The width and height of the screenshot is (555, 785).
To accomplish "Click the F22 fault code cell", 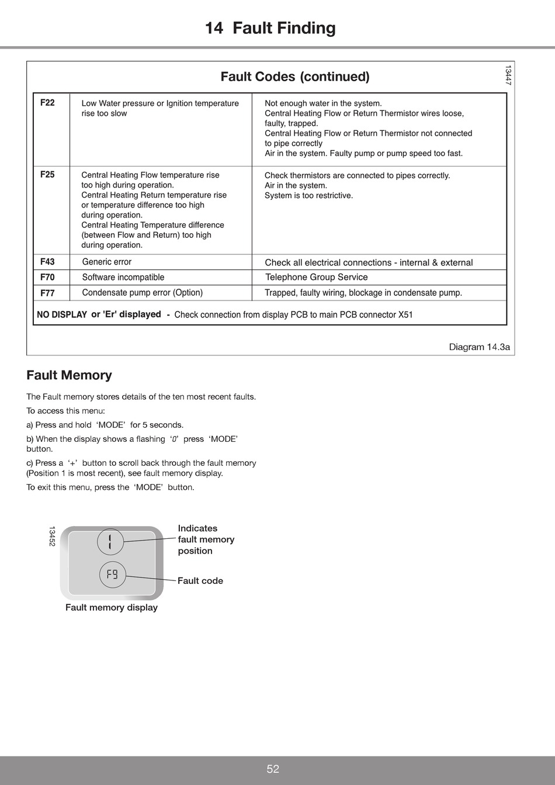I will (x=47, y=103).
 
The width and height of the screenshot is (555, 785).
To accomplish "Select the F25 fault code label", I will (x=47, y=174).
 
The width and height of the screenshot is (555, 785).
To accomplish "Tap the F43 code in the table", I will (x=47, y=262).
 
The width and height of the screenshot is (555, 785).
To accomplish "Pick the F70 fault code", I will (x=47, y=277).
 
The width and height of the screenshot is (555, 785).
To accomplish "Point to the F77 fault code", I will (x=47, y=293).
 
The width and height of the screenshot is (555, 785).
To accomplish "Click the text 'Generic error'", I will (x=107, y=262).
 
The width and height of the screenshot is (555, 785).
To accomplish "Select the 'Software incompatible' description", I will (x=123, y=277).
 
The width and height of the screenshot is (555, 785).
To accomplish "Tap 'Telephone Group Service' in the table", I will (x=317, y=277).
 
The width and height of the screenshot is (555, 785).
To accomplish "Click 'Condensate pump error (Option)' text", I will (x=143, y=293).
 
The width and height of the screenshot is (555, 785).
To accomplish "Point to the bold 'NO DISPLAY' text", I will (x=62, y=314).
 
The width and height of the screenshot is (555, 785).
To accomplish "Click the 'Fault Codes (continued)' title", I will (x=295, y=77).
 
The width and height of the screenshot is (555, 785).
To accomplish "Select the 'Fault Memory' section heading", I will (x=69, y=375).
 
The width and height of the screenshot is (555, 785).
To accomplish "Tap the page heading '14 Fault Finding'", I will (x=270, y=28).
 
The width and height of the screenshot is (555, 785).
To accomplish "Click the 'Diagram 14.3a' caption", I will (x=479, y=347).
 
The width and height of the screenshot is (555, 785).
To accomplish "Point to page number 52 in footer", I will (x=273, y=769).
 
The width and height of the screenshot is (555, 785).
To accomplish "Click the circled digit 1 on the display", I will (x=110, y=541).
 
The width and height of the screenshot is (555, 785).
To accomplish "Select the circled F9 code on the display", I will (x=112, y=575).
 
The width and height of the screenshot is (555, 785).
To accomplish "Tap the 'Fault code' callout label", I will (x=200, y=581).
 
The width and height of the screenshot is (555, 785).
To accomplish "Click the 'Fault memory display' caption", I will (x=112, y=607).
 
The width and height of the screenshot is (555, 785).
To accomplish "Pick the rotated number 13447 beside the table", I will (x=508, y=75).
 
